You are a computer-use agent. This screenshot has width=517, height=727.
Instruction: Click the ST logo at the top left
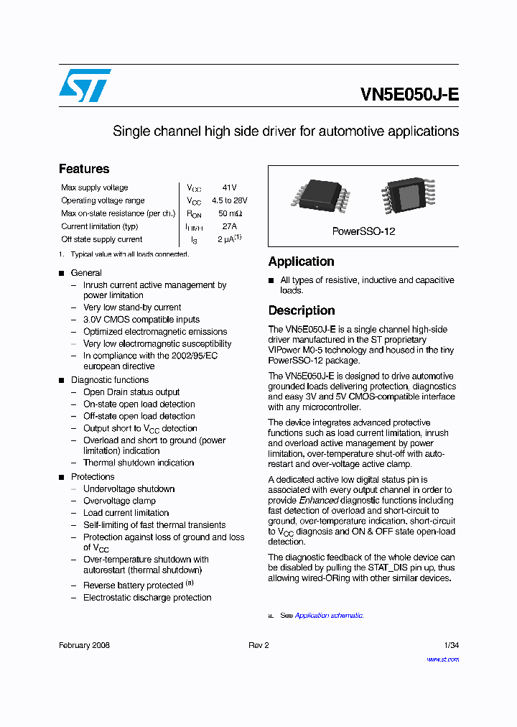[85, 85]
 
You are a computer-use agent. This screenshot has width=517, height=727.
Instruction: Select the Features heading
[84, 169]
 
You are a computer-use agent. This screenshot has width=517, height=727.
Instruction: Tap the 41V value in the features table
[229, 187]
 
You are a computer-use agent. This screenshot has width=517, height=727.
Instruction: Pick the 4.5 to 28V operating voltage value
[229, 200]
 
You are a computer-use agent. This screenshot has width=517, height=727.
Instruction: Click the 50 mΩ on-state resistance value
[230, 213]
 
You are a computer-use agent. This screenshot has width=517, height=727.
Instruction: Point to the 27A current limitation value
[229, 226]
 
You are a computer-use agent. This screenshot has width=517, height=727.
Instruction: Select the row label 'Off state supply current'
[101, 239]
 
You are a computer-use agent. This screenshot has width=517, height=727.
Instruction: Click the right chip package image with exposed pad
[408, 195]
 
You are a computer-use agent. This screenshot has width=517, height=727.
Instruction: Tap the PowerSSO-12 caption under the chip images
[363, 231]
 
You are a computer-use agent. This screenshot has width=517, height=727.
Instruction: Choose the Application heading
[301, 261]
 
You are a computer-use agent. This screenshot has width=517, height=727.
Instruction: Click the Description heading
[302, 310]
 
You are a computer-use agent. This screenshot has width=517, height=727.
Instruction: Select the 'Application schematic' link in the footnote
[329, 616]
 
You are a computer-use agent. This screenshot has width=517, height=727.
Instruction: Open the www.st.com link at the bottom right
[442, 659]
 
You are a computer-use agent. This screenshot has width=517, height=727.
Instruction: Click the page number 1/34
[451, 645]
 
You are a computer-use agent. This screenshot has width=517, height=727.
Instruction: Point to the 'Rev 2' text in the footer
[258, 645]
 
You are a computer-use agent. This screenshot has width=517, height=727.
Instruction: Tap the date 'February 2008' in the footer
[84, 645]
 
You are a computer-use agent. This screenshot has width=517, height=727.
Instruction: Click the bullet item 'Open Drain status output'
[131, 392]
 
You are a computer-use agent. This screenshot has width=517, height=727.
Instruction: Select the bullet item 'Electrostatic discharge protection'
[147, 597]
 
